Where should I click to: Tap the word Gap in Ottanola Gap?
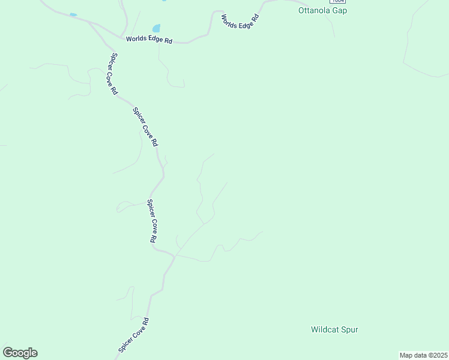click(x=340, y=11)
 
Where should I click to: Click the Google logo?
click(x=20, y=353)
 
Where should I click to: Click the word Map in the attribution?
click(x=406, y=355)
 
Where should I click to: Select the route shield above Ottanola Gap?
click(x=337, y=1)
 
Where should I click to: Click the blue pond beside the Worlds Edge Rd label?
click(x=157, y=28)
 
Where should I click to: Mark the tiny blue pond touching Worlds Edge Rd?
click(x=73, y=14)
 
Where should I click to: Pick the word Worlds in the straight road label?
click(x=136, y=40)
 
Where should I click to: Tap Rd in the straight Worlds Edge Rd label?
click(x=168, y=41)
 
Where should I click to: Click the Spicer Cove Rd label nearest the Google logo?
click(x=133, y=335)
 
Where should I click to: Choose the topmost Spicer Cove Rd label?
click(x=113, y=74)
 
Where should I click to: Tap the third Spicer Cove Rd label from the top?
click(x=152, y=221)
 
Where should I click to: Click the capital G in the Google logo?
click(x=8, y=353)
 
